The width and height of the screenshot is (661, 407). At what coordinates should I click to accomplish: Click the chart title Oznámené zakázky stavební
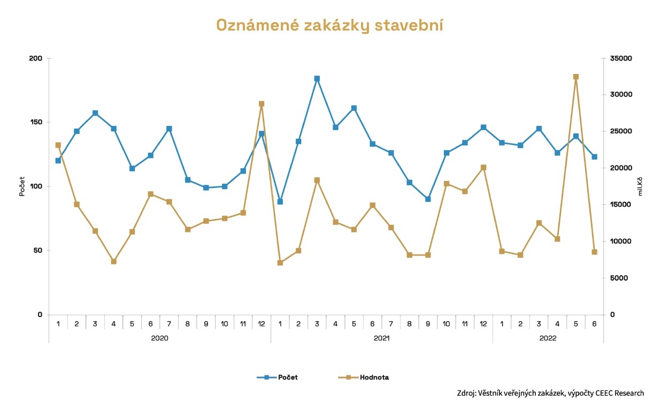[329, 25]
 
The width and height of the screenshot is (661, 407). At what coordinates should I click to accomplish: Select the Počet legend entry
[287, 377]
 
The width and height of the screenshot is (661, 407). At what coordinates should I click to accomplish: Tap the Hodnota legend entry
[374, 377]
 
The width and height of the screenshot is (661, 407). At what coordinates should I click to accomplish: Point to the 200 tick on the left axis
[36, 58]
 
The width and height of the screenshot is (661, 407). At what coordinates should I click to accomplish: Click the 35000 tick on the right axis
[622, 58]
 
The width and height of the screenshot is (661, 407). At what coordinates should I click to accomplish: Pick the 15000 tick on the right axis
[622, 205]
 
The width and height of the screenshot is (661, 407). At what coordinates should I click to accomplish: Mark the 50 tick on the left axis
[38, 251]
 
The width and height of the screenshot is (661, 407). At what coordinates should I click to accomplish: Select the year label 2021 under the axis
[381, 338]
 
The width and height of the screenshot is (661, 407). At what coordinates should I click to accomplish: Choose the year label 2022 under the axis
[548, 338]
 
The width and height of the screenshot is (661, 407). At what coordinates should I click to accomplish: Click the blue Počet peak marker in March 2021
[317, 79]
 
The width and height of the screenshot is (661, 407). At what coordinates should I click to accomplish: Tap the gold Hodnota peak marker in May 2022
[576, 77]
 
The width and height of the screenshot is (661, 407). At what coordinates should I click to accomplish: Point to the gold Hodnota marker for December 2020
[262, 104]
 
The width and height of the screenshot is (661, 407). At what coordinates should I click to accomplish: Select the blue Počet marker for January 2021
[280, 202]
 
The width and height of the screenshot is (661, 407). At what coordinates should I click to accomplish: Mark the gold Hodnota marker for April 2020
[114, 261]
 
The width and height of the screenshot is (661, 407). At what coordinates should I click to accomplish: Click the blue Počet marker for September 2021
[428, 199]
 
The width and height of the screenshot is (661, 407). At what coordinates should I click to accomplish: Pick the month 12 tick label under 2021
[483, 323]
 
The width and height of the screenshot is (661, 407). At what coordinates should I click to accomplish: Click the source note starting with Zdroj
[550, 393]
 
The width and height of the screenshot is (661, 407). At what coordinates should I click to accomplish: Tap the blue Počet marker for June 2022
[594, 157]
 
